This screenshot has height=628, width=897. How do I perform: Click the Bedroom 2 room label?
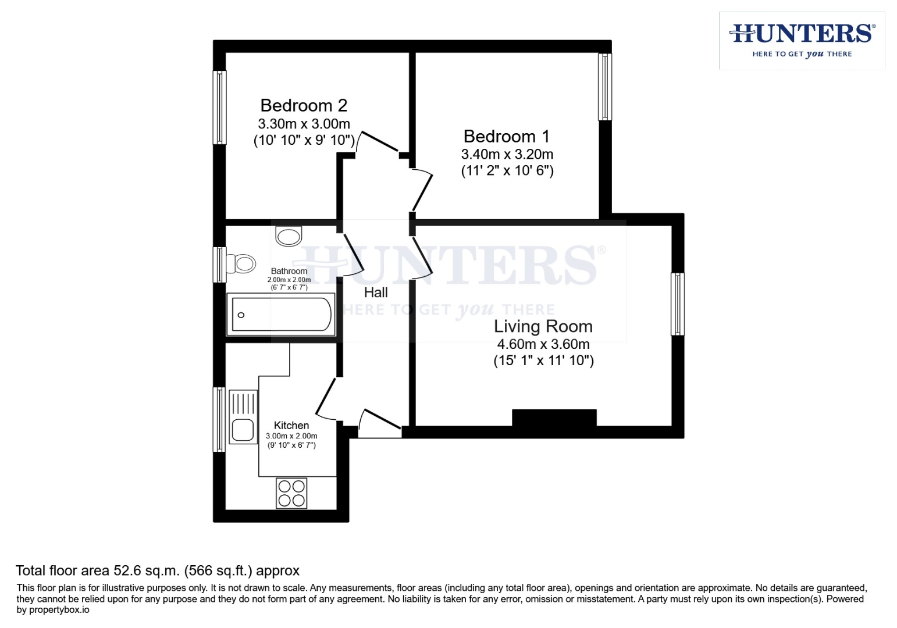pyautogui.click(x=304, y=105)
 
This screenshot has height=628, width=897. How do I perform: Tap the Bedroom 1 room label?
pyautogui.click(x=506, y=136)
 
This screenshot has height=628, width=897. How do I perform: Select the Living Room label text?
pyautogui.click(x=543, y=326)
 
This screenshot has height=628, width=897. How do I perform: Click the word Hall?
pyautogui.click(x=376, y=292)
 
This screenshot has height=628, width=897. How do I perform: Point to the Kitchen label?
pyautogui.click(x=291, y=426)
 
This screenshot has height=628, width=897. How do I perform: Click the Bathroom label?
pyautogui.click(x=289, y=271)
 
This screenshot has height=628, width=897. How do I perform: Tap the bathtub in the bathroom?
pyautogui.click(x=282, y=315)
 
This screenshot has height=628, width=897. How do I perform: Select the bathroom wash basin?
pyautogui.click(x=289, y=236)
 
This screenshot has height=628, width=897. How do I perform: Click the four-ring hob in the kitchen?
pyautogui.click(x=291, y=493)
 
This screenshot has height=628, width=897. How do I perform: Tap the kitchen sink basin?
pyautogui.click(x=243, y=430)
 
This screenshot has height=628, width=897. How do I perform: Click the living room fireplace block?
pyautogui.click(x=554, y=418)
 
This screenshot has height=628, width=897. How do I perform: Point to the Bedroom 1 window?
pyautogui.click(x=605, y=87)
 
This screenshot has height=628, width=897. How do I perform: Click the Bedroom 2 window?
pyautogui.click(x=219, y=108)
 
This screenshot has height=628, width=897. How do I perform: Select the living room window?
pyautogui.click(x=677, y=304)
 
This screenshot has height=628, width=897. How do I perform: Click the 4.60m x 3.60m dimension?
pyautogui.click(x=543, y=344)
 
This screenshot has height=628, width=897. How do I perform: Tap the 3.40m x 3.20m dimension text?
pyautogui.click(x=507, y=154)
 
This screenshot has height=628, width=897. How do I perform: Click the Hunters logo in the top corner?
pyautogui.click(x=802, y=40)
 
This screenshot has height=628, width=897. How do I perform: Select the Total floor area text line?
pyautogui.click(x=157, y=570)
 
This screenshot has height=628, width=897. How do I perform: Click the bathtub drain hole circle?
pyautogui.click(x=241, y=315)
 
